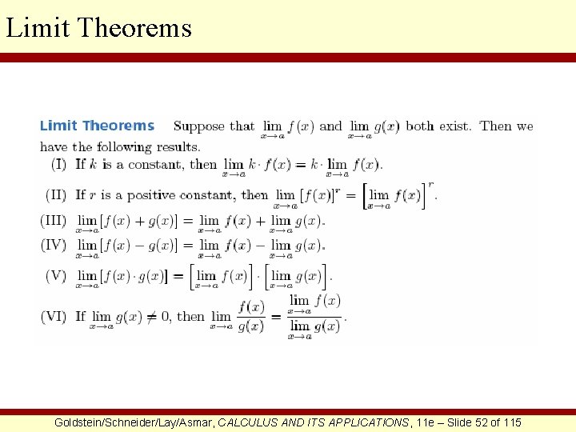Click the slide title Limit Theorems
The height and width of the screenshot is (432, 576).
(98, 27)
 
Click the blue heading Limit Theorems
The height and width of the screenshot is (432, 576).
(97, 126)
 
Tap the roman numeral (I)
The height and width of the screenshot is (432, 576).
(58, 164)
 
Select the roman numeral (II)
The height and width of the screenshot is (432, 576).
(57, 194)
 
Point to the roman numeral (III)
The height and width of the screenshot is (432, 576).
(54, 220)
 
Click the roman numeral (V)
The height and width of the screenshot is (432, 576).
(56, 276)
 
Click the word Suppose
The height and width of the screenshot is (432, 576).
(199, 126)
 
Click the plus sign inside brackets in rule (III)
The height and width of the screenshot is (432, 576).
(146, 221)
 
